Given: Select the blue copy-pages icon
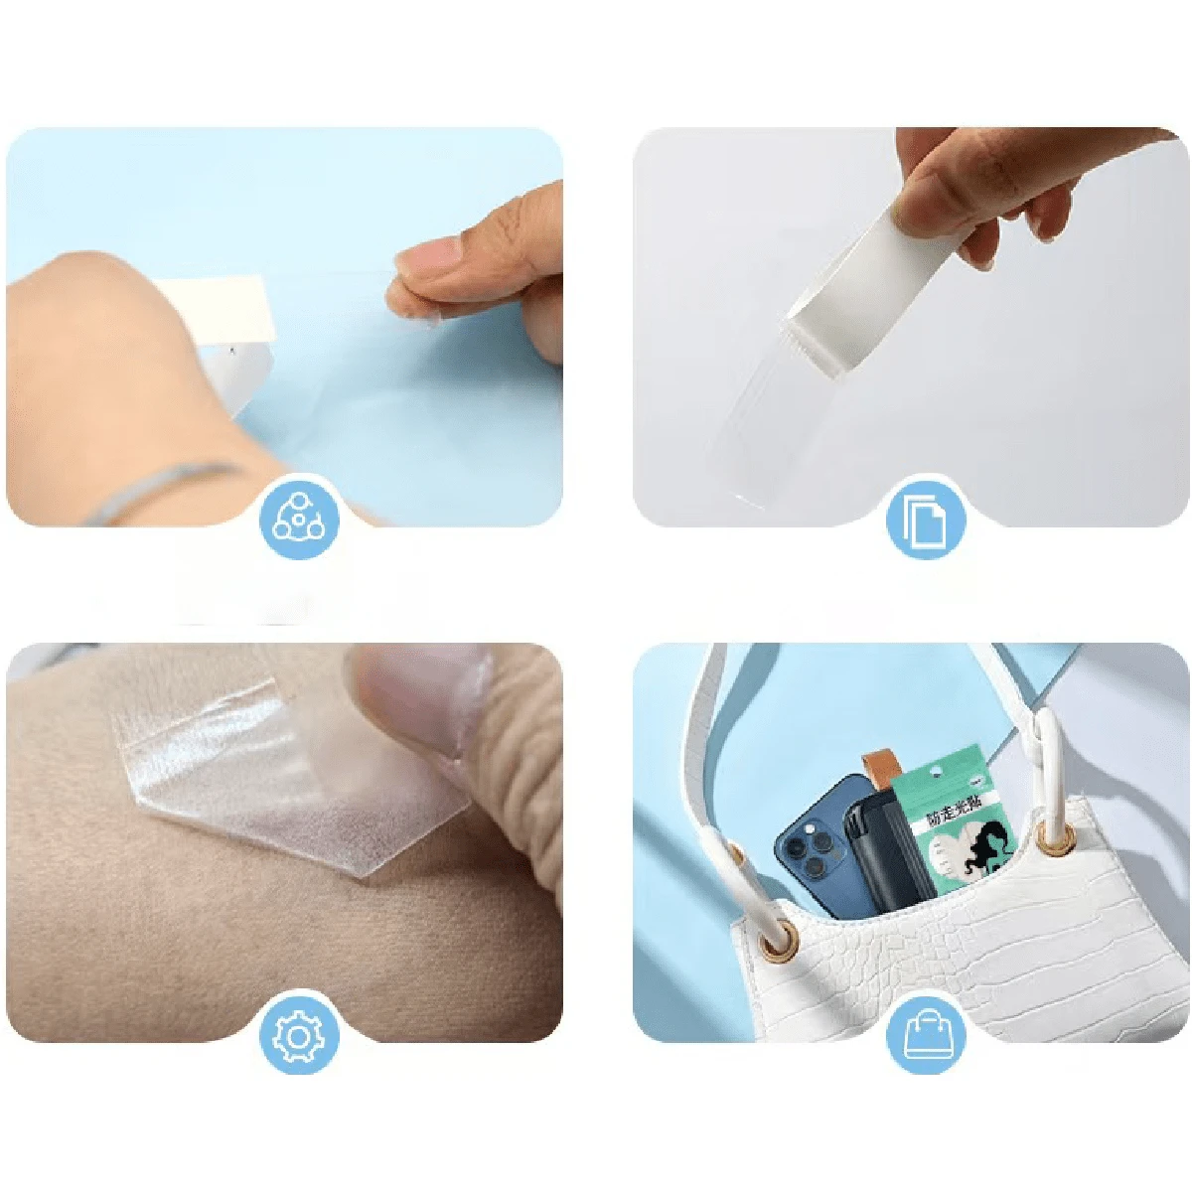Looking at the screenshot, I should pos(925,518).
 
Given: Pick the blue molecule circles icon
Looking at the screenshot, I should pos(299,518).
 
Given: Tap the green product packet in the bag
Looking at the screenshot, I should pos(949,824).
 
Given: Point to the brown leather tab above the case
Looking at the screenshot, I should pos(876,771).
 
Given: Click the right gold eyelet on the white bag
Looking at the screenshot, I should pos(1057,838).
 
